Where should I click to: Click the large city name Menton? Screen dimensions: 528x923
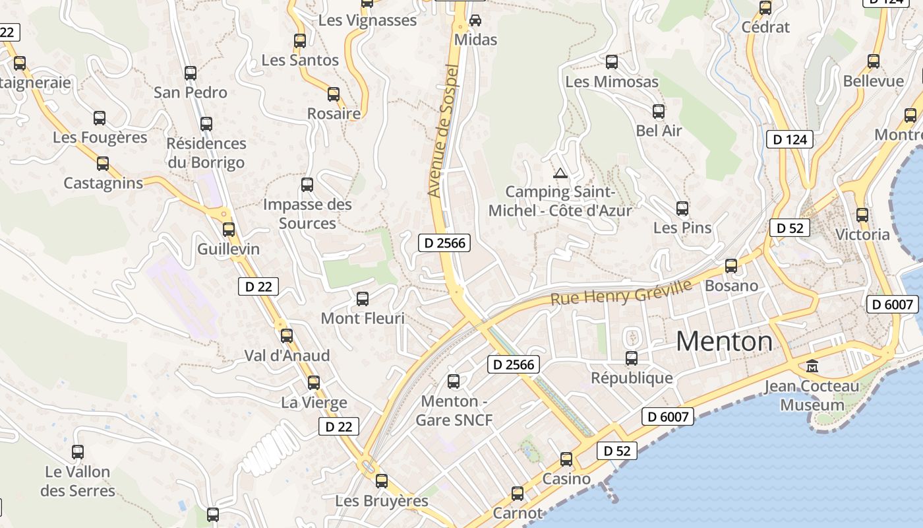[724, 341]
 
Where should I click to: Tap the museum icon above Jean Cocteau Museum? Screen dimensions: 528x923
[812, 366]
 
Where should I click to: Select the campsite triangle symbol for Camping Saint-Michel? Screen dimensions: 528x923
[560, 174]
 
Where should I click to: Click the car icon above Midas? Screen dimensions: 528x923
[475, 20]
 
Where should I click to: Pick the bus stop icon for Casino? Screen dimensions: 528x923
[566, 459]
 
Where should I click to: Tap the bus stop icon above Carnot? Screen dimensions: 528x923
[518, 493]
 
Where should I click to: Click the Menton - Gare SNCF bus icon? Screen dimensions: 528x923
[454, 381]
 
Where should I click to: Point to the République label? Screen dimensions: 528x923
[632, 378]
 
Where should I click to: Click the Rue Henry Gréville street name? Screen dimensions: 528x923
[620, 292]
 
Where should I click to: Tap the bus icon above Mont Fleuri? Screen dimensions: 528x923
[362, 299]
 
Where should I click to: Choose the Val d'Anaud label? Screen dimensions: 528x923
[287, 356]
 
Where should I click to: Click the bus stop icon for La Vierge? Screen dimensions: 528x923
[314, 383]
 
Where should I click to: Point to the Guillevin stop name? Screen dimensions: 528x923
[228, 249]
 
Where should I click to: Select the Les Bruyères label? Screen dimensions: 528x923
[382, 501]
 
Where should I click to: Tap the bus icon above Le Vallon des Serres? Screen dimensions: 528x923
[78, 452]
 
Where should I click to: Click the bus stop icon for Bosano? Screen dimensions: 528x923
[731, 266]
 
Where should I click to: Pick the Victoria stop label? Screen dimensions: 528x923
[862, 234]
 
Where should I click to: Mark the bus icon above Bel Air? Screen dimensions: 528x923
[658, 112]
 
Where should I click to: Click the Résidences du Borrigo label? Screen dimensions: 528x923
[206, 152]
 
